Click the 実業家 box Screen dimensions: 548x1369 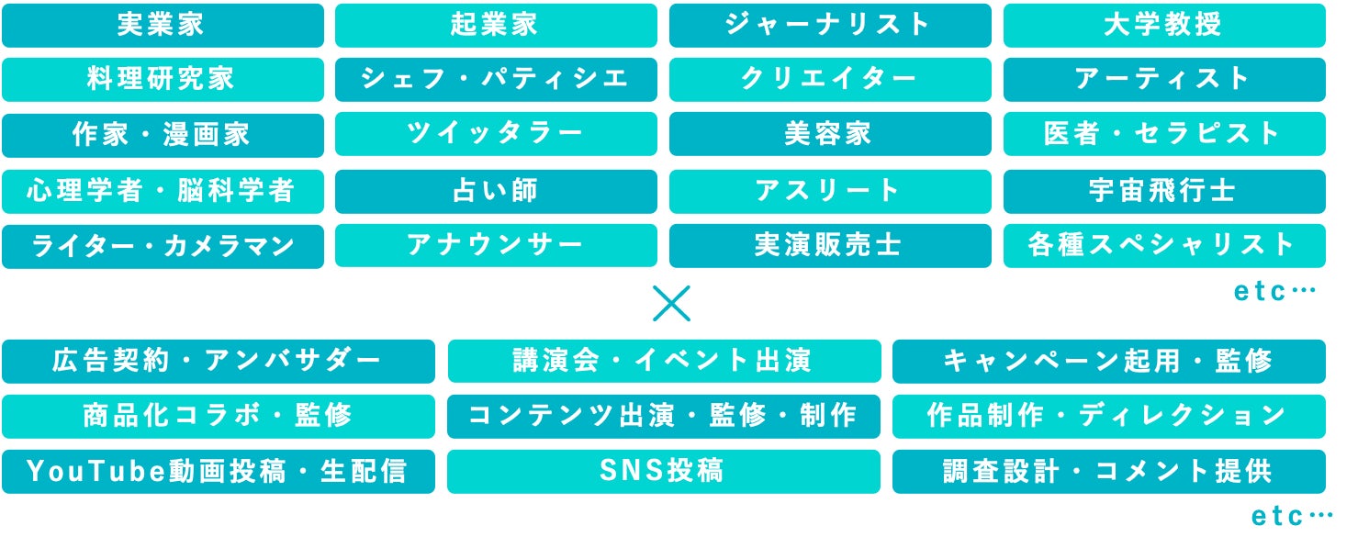click(x=163, y=26)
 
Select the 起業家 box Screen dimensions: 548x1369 click(x=496, y=26)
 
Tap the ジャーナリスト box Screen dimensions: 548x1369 click(x=830, y=26)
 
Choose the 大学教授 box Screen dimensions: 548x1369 click(x=1164, y=26)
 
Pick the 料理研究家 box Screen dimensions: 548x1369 click(x=163, y=80)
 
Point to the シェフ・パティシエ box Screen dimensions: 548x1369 click(x=496, y=80)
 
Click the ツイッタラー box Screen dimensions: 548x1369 click(x=496, y=135)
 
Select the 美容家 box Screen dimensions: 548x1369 click(x=830, y=135)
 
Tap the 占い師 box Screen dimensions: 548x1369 click(x=496, y=191)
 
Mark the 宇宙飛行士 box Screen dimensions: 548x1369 click(x=1164, y=191)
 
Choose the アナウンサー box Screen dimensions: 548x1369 click(x=496, y=246)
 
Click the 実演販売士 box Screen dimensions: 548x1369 click(x=830, y=246)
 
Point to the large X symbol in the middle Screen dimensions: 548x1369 click(x=671, y=304)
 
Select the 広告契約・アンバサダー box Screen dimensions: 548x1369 click(x=218, y=362)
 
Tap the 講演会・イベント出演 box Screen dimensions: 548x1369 click(x=664, y=362)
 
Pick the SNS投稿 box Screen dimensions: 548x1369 click(x=664, y=472)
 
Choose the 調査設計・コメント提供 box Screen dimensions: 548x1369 click(x=1108, y=472)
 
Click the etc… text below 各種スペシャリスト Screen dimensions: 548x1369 click(x=1274, y=293)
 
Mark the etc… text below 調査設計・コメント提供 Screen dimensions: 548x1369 click(x=1292, y=518)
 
